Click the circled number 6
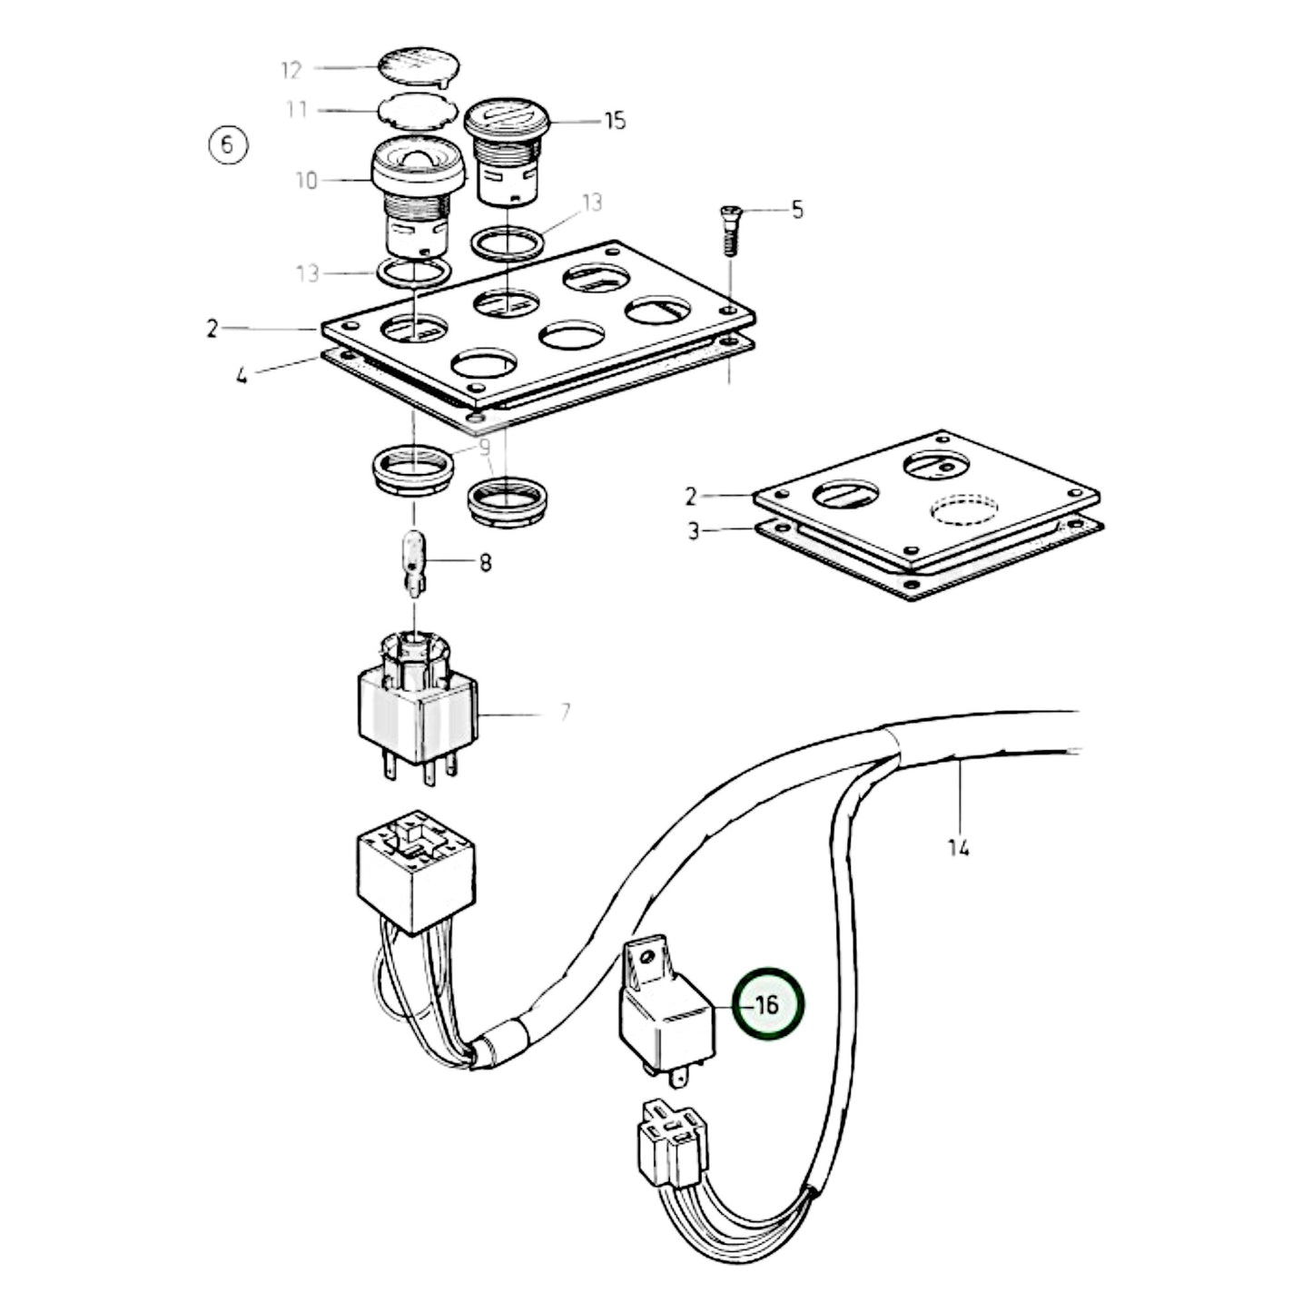(x=227, y=144)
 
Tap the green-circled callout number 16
(x=768, y=1005)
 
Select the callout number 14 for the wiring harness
(x=959, y=848)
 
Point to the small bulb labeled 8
(x=415, y=560)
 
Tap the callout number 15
(x=615, y=121)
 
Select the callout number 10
(x=307, y=181)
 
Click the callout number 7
(x=565, y=713)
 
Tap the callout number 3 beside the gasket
(x=694, y=531)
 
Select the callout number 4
(x=242, y=374)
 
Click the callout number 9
(x=485, y=447)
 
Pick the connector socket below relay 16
(x=671, y=1140)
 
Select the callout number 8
(x=486, y=564)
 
